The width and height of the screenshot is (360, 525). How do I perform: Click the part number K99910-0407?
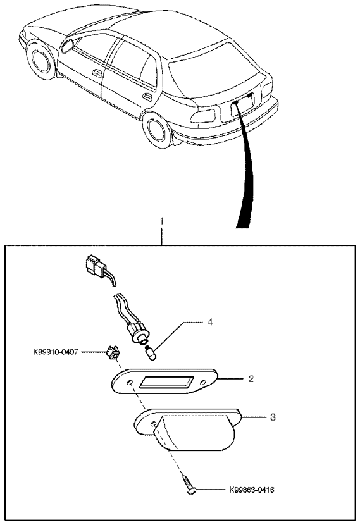point(56,352)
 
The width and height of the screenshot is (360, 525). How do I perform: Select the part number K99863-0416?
point(252,490)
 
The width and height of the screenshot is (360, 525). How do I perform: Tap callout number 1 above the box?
point(162,221)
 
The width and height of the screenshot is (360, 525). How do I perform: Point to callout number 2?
point(251,379)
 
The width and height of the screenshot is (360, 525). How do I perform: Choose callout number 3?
point(273,417)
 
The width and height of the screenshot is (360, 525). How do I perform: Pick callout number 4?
point(210,322)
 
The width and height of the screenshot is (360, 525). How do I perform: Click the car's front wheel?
point(40,61)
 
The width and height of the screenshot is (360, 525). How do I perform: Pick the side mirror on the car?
point(68,46)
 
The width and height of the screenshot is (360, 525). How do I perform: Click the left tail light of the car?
point(204,116)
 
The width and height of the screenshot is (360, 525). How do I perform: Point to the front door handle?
point(97,73)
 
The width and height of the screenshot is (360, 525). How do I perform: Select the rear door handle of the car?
point(147,97)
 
